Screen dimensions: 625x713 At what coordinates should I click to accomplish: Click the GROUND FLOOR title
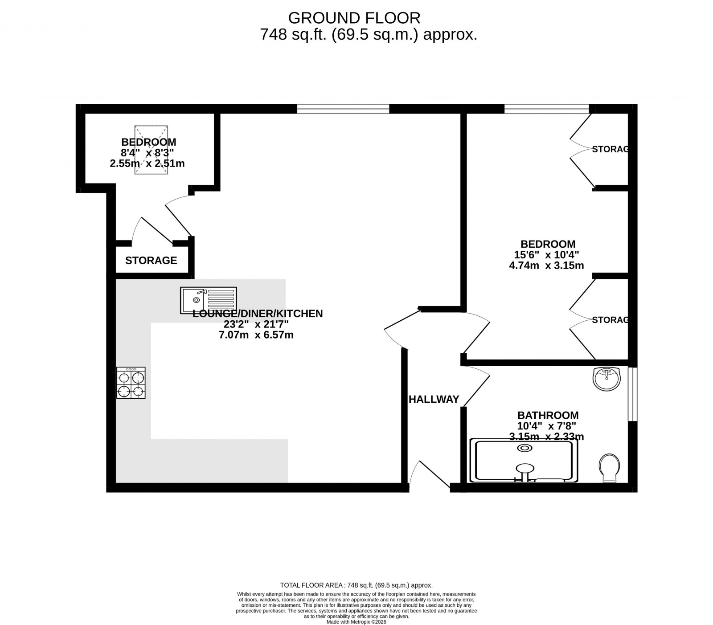(x=354, y=18)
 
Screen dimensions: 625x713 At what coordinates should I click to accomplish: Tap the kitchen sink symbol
(x=209, y=300)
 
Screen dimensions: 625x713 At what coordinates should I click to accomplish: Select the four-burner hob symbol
(x=131, y=383)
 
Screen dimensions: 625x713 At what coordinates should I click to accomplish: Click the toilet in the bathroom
(x=609, y=468)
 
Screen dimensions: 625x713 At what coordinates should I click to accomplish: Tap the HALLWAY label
(x=434, y=399)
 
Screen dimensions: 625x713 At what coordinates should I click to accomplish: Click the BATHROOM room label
(x=548, y=415)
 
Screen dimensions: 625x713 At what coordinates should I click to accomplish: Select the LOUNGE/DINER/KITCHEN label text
(x=257, y=314)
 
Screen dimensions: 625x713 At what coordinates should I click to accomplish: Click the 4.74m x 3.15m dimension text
(x=546, y=266)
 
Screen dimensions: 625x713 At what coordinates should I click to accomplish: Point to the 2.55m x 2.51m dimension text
(x=147, y=163)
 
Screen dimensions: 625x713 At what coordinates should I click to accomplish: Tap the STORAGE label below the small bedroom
(x=151, y=260)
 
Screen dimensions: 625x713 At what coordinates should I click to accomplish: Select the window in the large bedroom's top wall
(x=547, y=108)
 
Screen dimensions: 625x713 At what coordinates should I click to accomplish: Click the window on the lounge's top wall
(x=343, y=108)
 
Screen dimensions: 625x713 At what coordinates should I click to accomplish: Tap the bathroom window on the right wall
(x=632, y=394)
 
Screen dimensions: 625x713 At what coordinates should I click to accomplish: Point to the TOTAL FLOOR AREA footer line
(x=356, y=585)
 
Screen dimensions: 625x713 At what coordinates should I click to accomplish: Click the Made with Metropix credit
(x=356, y=622)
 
